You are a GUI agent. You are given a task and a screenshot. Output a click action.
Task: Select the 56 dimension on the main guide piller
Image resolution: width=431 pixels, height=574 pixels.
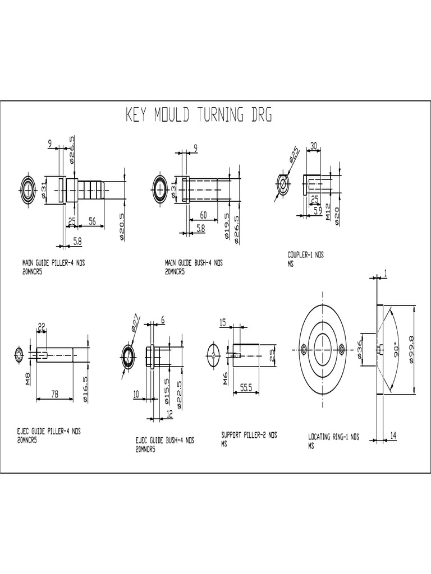click(92, 222)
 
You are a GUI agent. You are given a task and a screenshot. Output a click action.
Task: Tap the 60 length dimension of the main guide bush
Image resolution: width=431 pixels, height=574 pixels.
click(203, 215)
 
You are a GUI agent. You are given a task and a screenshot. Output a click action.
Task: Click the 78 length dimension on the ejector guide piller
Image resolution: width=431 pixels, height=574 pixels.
click(55, 394)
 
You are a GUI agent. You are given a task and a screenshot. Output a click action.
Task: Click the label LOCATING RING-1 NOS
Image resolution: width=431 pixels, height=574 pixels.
click(333, 437)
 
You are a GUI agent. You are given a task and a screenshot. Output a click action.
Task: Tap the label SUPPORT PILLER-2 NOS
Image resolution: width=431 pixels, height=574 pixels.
click(249, 434)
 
